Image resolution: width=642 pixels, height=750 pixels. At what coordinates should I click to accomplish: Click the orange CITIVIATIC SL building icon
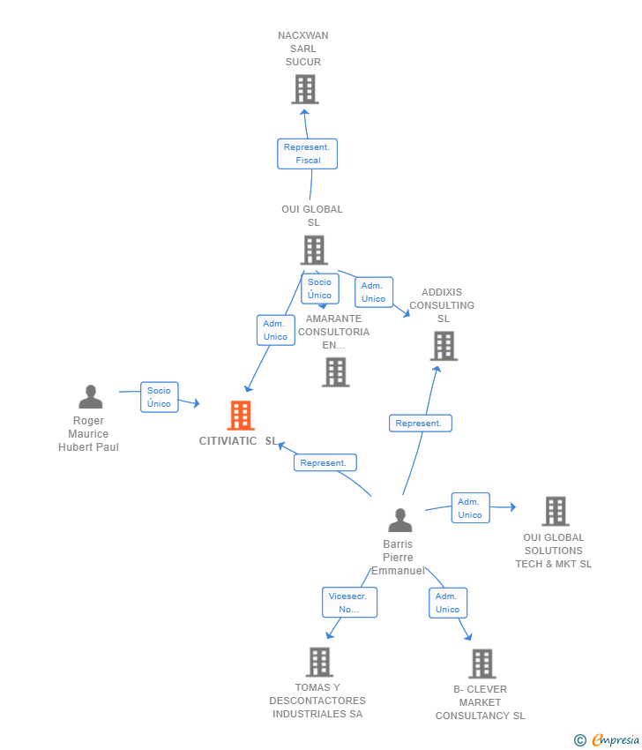tap(240, 416)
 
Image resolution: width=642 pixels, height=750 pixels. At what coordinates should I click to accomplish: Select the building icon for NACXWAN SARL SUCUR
tap(304, 89)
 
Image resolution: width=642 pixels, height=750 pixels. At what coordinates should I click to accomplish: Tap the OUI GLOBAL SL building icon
tap(313, 250)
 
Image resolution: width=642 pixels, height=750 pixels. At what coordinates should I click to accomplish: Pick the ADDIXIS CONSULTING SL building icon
tap(444, 346)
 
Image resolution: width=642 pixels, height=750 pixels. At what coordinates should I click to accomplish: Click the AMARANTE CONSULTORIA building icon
tap(335, 372)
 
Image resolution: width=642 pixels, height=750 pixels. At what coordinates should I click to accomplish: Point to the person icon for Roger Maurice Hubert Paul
tap(90, 397)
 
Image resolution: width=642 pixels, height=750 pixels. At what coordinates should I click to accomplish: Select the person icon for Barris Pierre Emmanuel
tap(400, 521)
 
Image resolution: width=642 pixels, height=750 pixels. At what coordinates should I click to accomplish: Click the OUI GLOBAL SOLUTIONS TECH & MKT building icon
tap(555, 511)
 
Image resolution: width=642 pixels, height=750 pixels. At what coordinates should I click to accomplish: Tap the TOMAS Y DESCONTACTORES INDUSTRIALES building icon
tap(319, 662)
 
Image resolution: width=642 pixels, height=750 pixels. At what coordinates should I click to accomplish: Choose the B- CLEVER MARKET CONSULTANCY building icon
tap(481, 664)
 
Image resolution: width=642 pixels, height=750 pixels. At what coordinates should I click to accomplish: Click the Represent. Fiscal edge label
tap(307, 154)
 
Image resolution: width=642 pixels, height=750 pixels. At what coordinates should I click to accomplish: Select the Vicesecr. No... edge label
tap(349, 603)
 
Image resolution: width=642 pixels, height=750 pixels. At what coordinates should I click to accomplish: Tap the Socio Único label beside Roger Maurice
tap(159, 397)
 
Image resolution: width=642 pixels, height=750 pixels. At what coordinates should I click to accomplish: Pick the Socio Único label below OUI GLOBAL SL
tap(319, 289)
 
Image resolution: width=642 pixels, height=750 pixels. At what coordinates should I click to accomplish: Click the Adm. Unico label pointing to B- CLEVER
tap(447, 603)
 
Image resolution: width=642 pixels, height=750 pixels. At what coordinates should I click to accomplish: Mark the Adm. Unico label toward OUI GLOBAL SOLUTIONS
tap(470, 508)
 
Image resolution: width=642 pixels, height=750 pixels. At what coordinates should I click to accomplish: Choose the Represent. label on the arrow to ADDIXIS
tap(420, 424)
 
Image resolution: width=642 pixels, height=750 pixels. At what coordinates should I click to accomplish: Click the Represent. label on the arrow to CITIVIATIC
tap(325, 462)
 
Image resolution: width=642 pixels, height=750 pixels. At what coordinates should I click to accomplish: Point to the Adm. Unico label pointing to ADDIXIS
tap(373, 292)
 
